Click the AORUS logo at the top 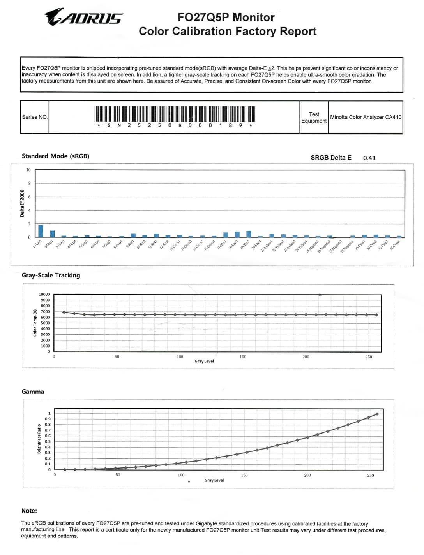point(84,17)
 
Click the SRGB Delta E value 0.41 point(369,158)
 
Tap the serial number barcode point(175,113)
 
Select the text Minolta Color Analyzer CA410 point(366,117)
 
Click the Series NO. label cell point(35,117)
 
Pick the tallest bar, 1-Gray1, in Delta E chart point(41,231)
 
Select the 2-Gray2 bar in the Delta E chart point(52,234)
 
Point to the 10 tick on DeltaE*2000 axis point(28,170)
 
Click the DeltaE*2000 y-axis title point(22,203)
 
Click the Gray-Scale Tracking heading point(51,275)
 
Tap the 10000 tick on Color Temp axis point(44,294)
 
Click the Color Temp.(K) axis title point(35,323)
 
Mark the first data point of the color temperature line point(64,312)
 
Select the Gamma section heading point(33,392)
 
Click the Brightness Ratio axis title point(39,439)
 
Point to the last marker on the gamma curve point(377,414)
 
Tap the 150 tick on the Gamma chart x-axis point(244,475)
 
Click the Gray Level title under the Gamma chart point(214,480)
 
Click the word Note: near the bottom point(29,511)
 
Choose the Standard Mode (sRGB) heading point(55,156)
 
